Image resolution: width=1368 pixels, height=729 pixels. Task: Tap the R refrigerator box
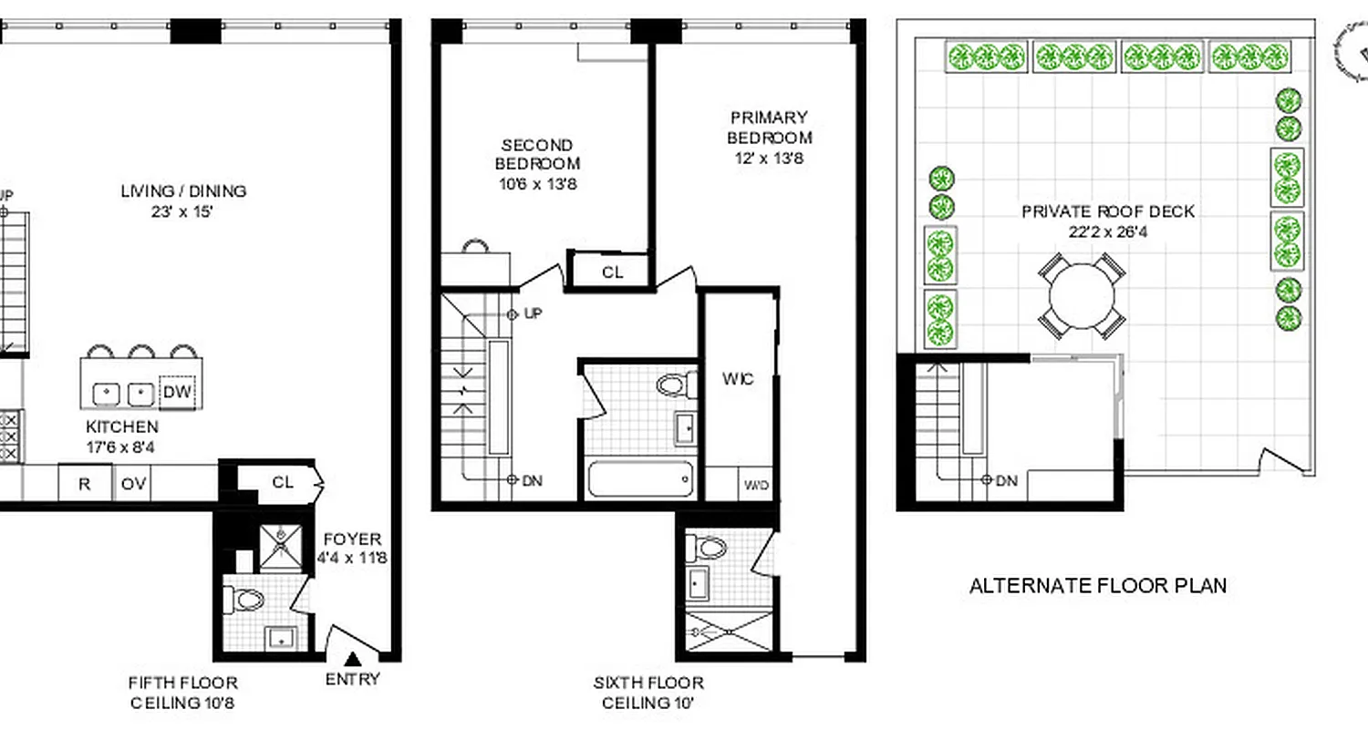[x=84, y=484]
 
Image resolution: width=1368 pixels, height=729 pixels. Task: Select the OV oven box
[x=133, y=484]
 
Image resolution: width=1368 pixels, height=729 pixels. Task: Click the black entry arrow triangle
[x=353, y=659]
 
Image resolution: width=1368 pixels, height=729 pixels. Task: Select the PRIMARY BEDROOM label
[x=769, y=128]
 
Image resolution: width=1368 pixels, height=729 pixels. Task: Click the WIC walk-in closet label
[x=737, y=379]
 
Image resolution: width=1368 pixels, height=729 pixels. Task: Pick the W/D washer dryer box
[x=757, y=486]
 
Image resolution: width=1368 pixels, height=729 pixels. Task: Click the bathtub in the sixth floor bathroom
[x=640, y=479]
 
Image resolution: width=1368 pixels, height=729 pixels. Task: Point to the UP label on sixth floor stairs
[x=533, y=313]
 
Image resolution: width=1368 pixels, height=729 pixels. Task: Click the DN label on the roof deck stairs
[x=1007, y=480]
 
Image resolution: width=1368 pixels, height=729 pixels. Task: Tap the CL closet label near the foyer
[x=283, y=482]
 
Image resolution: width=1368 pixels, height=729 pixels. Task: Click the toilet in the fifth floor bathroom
[x=244, y=599]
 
